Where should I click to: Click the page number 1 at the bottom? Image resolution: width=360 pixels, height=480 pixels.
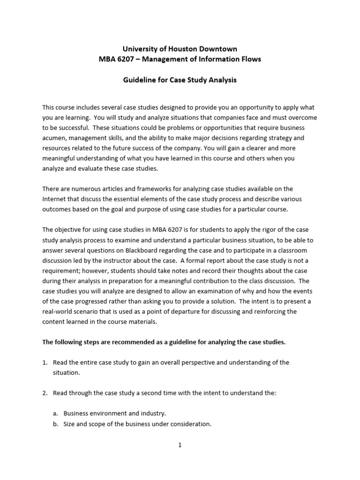180,445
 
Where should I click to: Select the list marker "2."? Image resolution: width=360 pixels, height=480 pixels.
45,393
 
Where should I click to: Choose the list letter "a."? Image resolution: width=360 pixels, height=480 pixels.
56,413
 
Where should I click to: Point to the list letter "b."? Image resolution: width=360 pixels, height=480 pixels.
56,424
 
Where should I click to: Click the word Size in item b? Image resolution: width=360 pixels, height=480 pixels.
70,424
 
